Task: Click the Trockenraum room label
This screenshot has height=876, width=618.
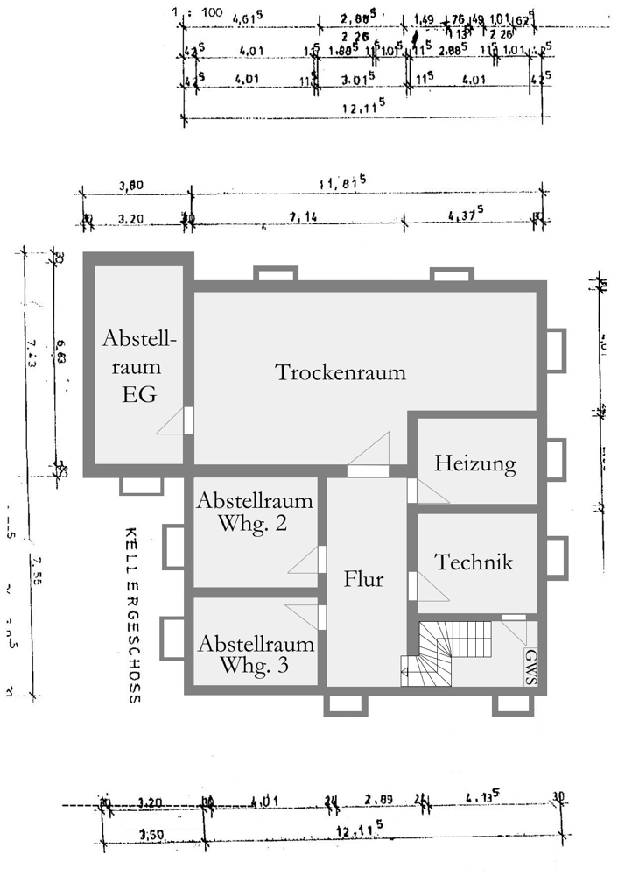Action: tap(341, 372)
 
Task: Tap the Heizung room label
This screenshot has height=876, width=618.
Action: tap(474, 463)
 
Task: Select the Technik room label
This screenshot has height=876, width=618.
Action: tap(474, 562)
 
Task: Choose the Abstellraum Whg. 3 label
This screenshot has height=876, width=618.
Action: tap(256, 653)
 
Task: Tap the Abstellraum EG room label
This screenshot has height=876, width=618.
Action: tap(140, 366)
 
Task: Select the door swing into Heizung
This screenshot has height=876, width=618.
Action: tap(432, 491)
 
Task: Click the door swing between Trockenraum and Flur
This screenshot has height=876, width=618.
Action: tap(369, 451)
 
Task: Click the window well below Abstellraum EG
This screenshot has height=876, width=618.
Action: tap(138, 484)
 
